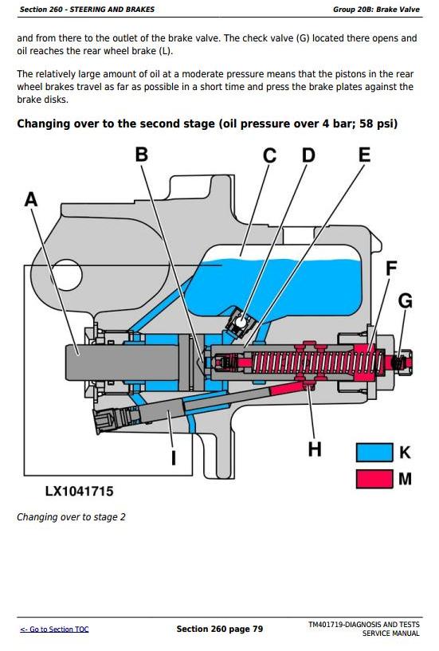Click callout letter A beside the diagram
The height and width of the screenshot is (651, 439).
31,199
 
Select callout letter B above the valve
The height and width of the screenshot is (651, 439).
142,155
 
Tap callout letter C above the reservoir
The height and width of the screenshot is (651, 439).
269,155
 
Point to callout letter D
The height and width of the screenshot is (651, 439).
308,155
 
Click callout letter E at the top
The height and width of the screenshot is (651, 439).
364,155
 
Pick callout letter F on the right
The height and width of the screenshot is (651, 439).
391,269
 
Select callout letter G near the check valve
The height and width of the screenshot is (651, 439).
406,300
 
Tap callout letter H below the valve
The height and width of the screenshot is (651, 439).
315,449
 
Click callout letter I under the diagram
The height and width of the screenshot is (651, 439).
174,458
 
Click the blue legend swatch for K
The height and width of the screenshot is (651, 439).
374,453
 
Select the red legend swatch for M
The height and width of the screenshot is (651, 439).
374,479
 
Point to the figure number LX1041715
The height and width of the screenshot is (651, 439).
79,491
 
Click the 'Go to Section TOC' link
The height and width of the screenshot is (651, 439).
54,629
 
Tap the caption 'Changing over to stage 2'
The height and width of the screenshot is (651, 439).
71,517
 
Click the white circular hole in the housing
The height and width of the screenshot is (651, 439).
66,275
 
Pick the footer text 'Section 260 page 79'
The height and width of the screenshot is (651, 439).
220,629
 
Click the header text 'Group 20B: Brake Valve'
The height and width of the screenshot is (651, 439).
376,9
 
